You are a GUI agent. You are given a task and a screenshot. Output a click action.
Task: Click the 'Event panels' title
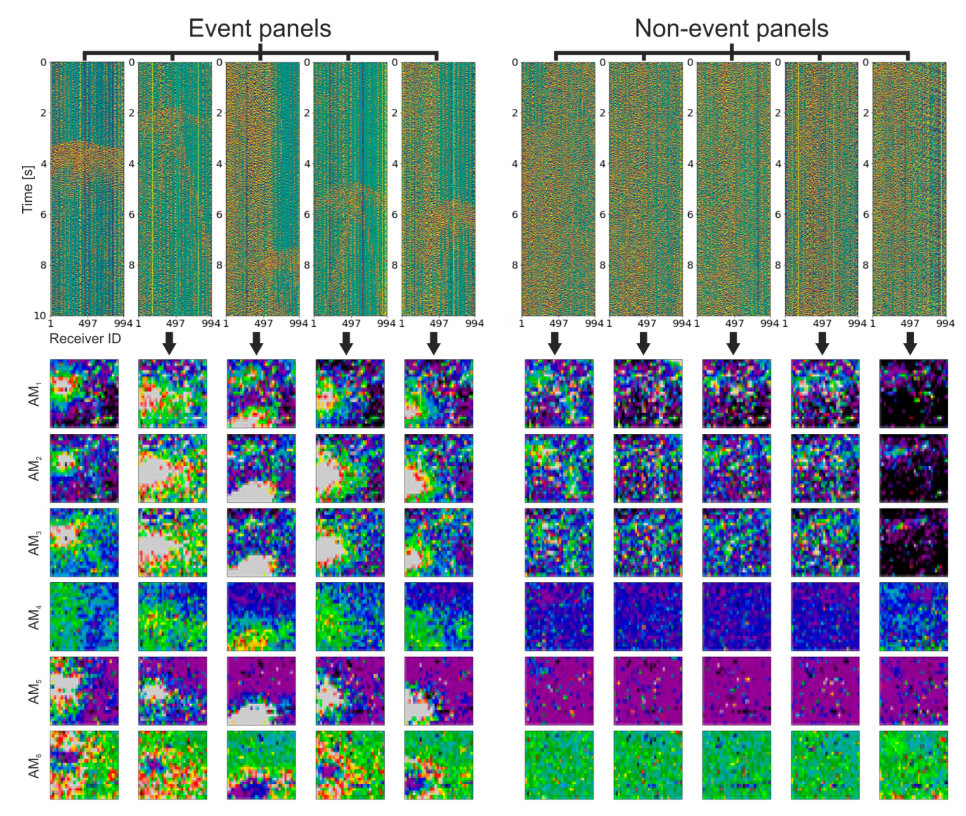260,28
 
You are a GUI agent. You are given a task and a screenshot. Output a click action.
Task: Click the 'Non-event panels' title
731,28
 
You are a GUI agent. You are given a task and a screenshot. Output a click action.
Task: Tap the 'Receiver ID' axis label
85,339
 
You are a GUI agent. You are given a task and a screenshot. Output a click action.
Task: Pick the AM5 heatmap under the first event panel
84,690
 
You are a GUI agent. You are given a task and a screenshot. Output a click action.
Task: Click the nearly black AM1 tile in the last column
913,394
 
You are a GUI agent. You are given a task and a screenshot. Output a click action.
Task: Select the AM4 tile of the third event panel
261,616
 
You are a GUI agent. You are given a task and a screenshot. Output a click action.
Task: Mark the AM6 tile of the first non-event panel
559,765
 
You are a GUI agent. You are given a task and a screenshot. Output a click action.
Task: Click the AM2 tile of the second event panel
172,468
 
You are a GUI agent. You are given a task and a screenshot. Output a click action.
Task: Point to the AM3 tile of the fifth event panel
439,542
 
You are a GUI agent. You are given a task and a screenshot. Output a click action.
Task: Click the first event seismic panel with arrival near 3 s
87,189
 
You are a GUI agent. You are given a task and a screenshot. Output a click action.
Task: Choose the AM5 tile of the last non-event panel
913,690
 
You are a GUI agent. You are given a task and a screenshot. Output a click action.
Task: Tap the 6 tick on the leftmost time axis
44,214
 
